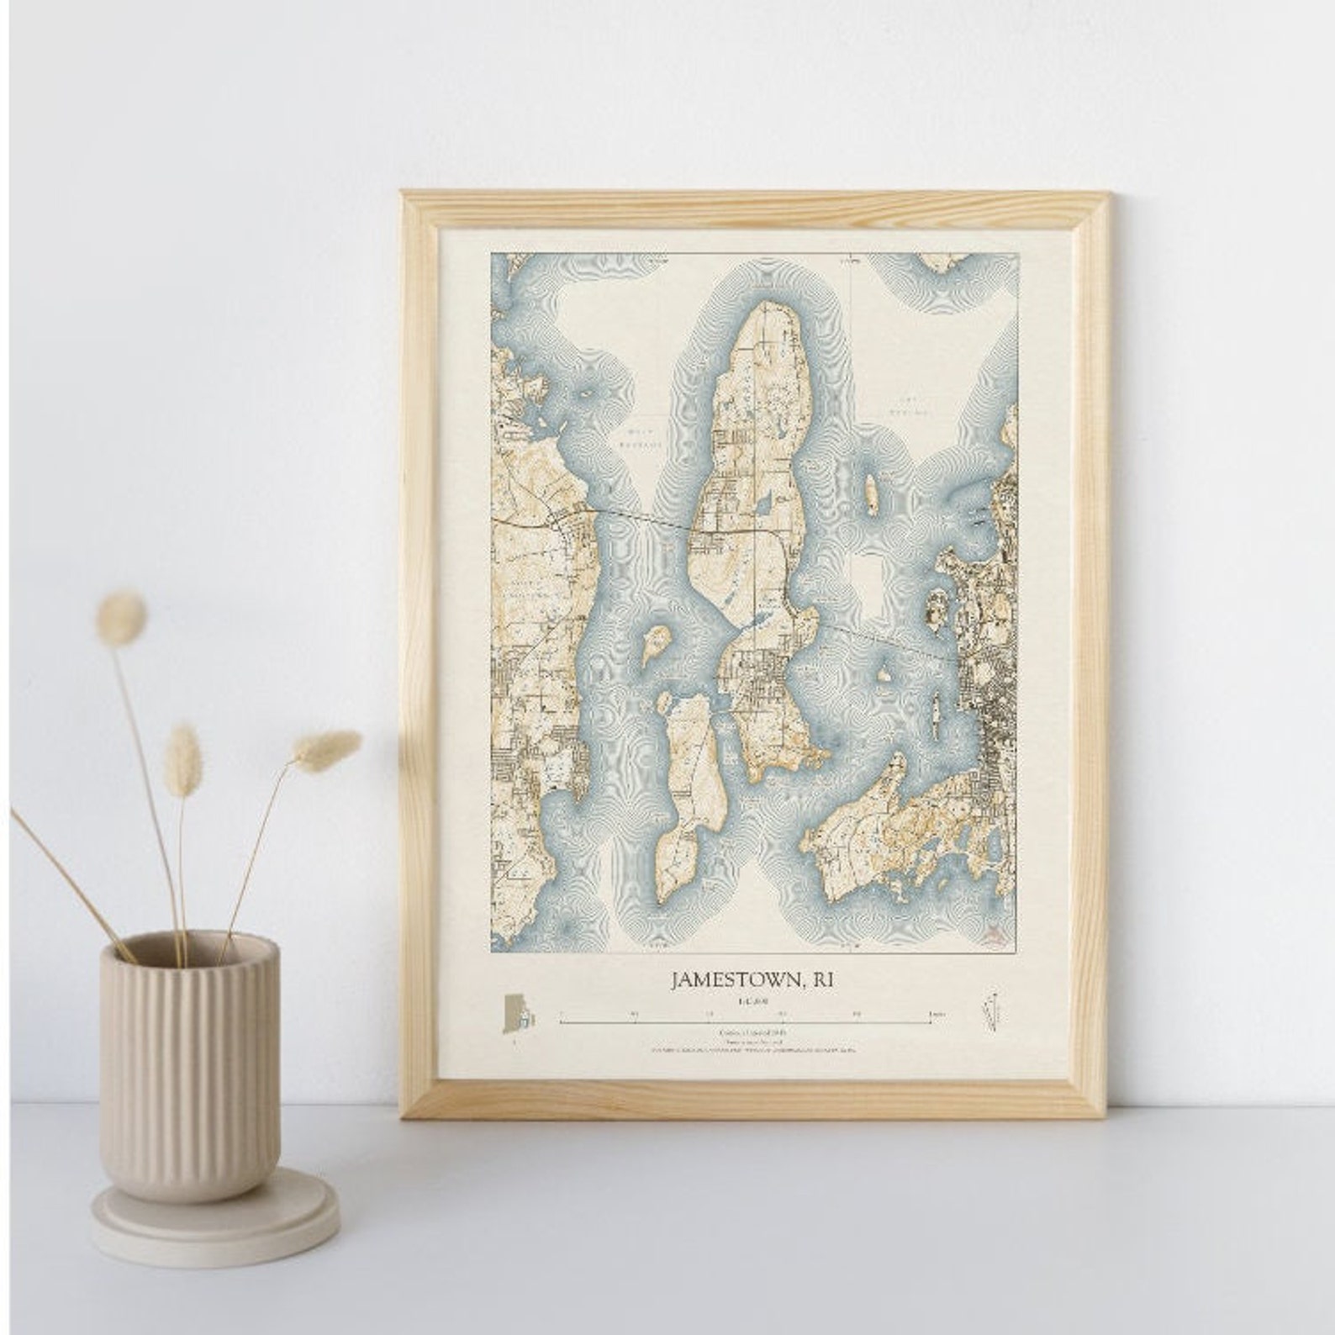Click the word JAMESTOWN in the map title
point(731,979)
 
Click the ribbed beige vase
point(188,1059)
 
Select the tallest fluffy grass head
point(122,616)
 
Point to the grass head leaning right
point(327,749)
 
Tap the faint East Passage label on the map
point(910,406)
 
